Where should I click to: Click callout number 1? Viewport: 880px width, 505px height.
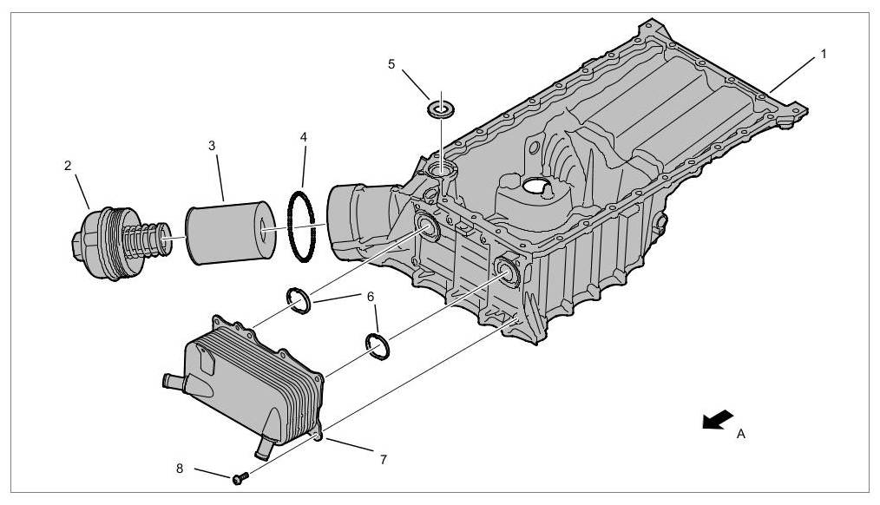pyautogui.click(x=824, y=54)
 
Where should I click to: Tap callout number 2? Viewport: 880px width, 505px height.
pyautogui.click(x=68, y=164)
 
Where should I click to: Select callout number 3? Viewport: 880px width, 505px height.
pyautogui.click(x=212, y=145)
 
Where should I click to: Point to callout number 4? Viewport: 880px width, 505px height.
pyautogui.click(x=303, y=137)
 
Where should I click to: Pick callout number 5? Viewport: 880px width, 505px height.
pyautogui.click(x=391, y=64)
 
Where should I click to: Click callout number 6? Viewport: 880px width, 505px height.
pyautogui.click(x=371, y=296)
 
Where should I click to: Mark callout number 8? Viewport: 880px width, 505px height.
pyautogui.click(x=181, y=468)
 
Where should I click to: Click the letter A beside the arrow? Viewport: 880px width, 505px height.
pyautogui.click(x=740, y=434)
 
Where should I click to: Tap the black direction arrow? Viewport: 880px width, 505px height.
pyautogui.click(x=718, y=421)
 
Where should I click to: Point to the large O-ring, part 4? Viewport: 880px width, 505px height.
pyautogui.click(x=303, y=226)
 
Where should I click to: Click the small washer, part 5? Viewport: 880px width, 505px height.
pyautogui.click(x=442, y=110)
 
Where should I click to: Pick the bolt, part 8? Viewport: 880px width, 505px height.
pyautogui.click(x=239, y=477)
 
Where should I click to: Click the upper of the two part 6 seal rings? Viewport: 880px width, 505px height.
pyautogui.click(x=299, y=302)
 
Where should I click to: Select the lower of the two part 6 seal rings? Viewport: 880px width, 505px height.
pyautogui.click(x=379, y=344)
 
